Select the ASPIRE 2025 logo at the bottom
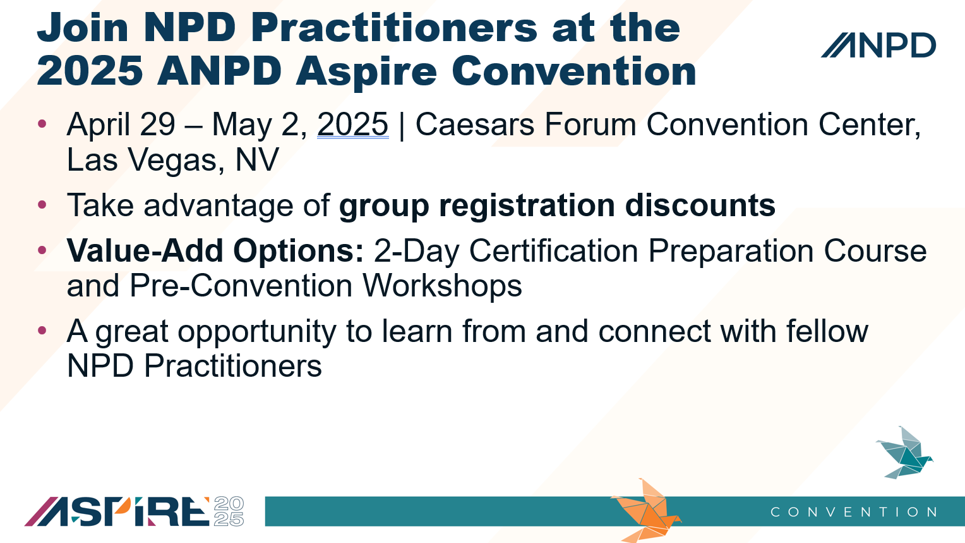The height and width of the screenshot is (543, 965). [134, 511]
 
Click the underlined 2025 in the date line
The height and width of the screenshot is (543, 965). [353, 125]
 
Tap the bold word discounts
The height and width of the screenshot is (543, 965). [700, 205]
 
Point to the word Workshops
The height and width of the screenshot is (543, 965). [442, 286]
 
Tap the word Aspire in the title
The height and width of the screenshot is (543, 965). [366, 71]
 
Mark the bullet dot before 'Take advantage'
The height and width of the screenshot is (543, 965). [42, 204]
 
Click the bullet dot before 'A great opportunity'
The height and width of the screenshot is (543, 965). [42, 331]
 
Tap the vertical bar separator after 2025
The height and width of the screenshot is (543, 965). [402, 126]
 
